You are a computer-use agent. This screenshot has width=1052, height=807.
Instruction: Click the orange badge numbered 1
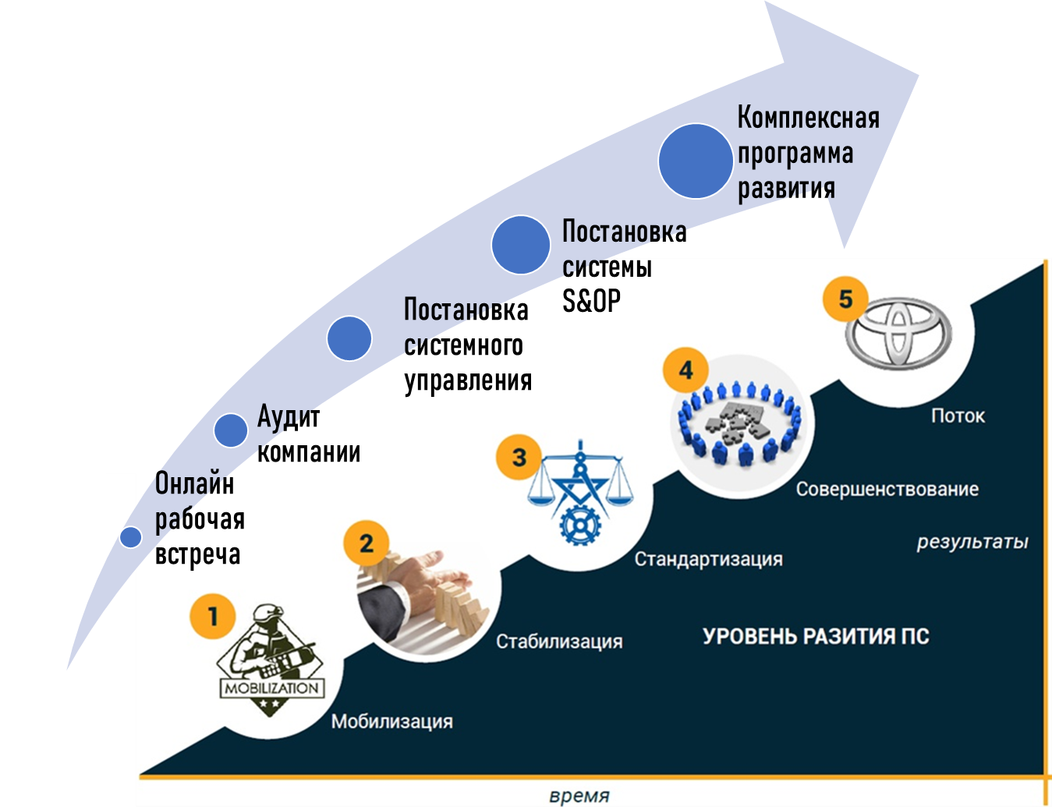pyautogui.click(x=213, y=616)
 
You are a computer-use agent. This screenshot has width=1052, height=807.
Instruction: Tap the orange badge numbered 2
pyautogui.click(x=367, y=543)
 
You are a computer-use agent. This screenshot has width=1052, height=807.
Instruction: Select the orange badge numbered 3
pyautogui.click(x=519, y=457)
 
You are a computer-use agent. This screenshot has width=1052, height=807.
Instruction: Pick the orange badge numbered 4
pyautogui.click(x=686, y=370)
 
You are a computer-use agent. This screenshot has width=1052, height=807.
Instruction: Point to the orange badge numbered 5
pyautogui.click(x=846, y=299)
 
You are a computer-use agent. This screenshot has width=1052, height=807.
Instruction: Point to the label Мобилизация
pyautogui.click(x=391, y=721)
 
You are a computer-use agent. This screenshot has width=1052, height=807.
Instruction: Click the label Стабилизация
pyautogui.click(x=559, y=642)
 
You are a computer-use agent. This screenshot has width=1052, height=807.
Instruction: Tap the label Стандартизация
pyautogui.click(x=708, y=559)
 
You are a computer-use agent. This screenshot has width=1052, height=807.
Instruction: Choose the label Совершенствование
pyautogui.click(x=887, y=490)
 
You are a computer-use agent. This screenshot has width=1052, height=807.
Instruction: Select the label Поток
pyautogui.click(x=958, y=416)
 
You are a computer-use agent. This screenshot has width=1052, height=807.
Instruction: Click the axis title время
pyautogui.click(x=579, y=796)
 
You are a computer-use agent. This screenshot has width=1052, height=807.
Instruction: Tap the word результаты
pyautogui.click(x=972, y=542)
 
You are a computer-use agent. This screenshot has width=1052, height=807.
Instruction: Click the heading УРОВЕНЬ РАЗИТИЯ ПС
pyautogui.click(x=816, y=636)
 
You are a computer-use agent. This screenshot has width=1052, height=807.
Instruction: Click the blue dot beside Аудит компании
pyautogui.click(x=231, y=430)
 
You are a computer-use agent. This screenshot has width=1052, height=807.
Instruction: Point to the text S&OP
pyautogui.click(x=591, y=301)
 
